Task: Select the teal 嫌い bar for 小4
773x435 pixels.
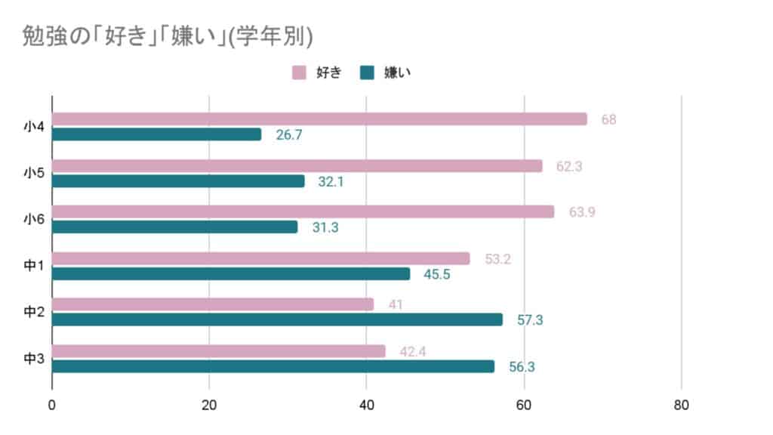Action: [156, 134]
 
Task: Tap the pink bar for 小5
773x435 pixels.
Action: [297, 165]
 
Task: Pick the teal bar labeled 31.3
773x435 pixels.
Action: [174, 227]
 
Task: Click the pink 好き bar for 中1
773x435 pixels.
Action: [260, 258]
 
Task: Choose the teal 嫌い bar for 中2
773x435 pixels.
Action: [276, 319]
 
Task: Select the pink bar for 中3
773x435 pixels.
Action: [218, 351]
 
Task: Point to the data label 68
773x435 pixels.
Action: [608, 119]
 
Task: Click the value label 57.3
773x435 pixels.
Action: [530, 320]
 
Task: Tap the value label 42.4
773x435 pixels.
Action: [413, 352]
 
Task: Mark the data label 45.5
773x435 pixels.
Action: [437, 274]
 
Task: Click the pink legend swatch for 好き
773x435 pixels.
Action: [298, 72]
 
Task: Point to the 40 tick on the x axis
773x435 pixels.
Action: [366, 406]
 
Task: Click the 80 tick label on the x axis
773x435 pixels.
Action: [681, 406]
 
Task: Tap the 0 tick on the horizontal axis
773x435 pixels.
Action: [52, 406]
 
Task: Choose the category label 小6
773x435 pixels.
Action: [34, 220]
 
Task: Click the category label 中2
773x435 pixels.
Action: [34, 312]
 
